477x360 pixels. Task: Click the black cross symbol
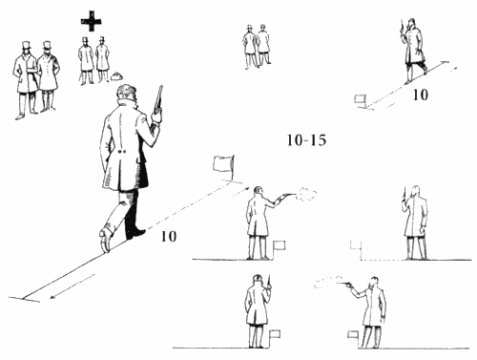pos(92,21)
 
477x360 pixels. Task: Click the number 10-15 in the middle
pos(306,140)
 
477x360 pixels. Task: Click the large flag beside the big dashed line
pos(224,163)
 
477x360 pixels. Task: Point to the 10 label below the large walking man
pos(169,237)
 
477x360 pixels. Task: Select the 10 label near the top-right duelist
pos(420,95)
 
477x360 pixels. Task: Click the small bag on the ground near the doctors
pos(117,76)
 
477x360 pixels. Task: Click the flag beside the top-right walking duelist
pos(360,99)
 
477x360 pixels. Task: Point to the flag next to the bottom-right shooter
pos(353,334)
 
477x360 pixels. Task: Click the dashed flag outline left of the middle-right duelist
pos(355,245)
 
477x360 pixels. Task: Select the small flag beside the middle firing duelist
pos(280,245)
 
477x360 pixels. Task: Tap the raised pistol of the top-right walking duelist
pos(403,27)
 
